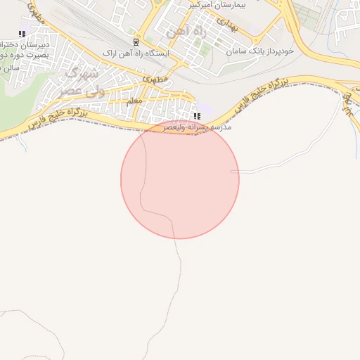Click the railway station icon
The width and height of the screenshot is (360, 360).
(136, 41)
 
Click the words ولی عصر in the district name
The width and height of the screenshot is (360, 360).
(74, 91)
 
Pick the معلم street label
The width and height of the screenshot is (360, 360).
(134, 102)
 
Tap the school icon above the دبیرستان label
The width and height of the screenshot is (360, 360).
(22, 34)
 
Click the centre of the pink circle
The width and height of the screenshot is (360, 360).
(180, 179)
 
